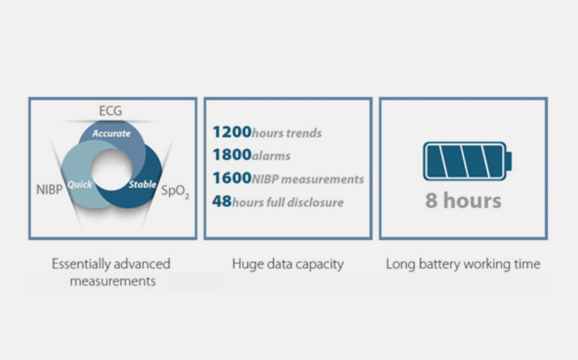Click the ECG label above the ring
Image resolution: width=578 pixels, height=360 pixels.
[110, 111]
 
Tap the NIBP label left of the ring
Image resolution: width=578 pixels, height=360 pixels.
[49, 189]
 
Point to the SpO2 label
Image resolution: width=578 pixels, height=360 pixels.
[176, 191]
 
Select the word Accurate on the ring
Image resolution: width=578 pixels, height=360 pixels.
[111, 133]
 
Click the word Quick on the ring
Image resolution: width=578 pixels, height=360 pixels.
[79, 184]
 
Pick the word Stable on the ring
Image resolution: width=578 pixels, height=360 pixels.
[142, 184]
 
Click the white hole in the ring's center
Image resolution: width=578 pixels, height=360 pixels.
[111, 169]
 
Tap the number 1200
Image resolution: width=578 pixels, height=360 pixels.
[232, 132]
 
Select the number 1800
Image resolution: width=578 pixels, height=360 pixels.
[232, 155]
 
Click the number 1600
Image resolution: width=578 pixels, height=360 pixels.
[232, 178]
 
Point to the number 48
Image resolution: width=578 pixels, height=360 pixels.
[222, 201]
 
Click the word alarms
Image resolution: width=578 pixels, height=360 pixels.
[271, 156]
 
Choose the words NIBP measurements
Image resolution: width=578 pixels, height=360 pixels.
[308, 179]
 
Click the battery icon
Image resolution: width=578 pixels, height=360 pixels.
[467, 161]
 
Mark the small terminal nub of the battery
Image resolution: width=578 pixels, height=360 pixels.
[509, 161]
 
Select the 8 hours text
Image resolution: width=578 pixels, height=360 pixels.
[464, 201]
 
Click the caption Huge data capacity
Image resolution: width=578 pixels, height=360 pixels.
[288, 264]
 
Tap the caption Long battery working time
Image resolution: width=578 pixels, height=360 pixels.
[463, 264]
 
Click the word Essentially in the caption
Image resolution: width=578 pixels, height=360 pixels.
[81, 264]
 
